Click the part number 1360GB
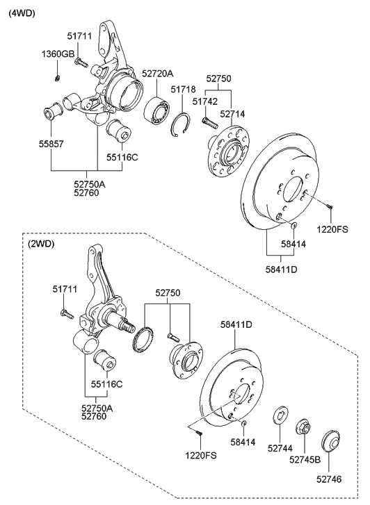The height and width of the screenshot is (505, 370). tap(58, 54)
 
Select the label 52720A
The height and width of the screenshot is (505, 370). tap(159, 72)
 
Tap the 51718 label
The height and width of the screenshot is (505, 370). tap(182, 90)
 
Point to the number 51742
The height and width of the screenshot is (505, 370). tap(205, 101)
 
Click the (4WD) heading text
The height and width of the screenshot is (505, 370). tap(22, 13)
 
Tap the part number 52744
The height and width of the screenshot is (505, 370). tap(281, 449)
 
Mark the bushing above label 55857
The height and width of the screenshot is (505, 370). tap(53, 111)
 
